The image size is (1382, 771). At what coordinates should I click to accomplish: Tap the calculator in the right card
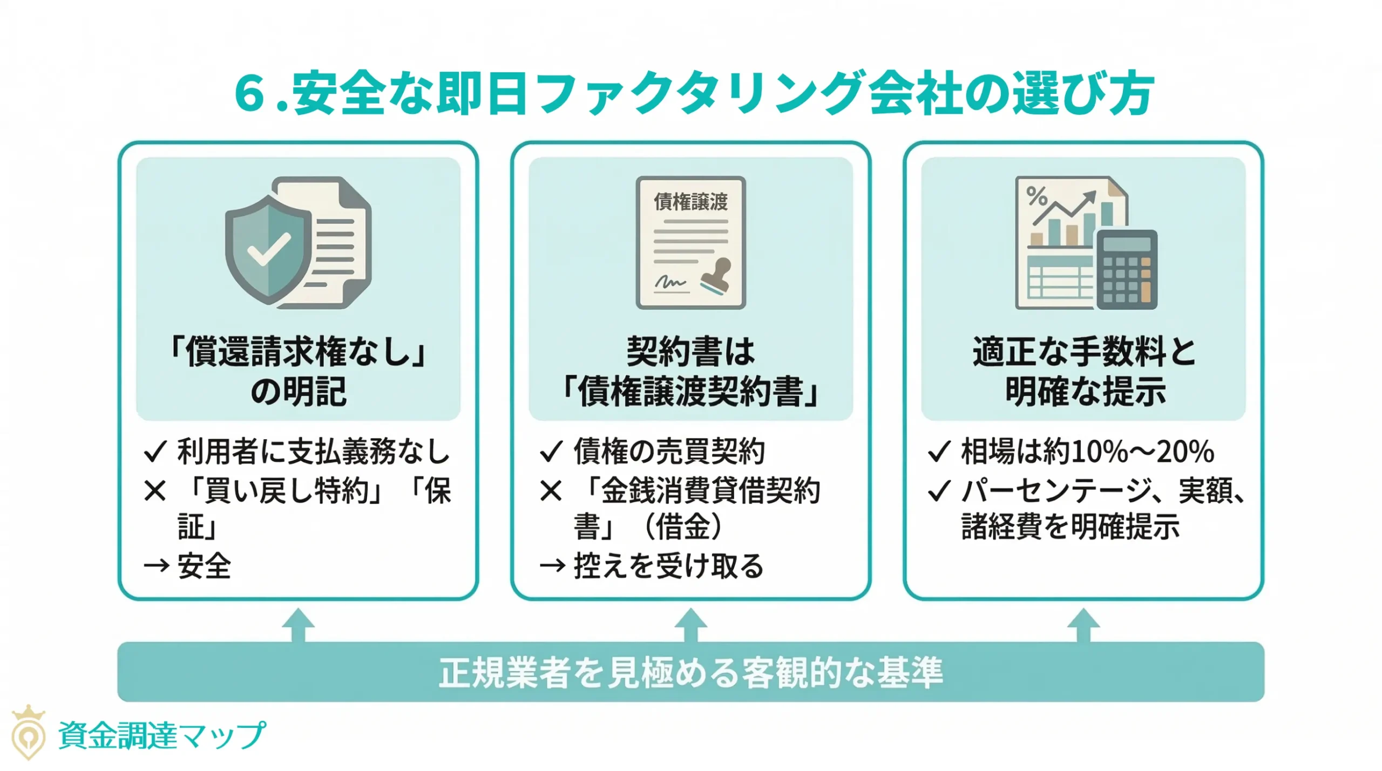tap(1126, 269)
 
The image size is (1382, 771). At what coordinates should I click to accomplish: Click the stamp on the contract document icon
tap(716, 276)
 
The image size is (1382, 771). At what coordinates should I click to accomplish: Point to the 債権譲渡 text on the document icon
tap(690, 202)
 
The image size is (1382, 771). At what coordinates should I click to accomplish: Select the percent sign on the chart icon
tap(1036, 196)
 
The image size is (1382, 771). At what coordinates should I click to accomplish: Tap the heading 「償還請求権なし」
tap(298, 351)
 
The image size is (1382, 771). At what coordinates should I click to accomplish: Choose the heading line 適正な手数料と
tap(1083, 351)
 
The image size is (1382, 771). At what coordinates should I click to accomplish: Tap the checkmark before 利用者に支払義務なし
tap(155, 452)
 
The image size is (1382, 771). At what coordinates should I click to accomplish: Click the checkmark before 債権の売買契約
tap(551, 452)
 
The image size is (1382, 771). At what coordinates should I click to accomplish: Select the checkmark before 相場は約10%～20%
tap(939, 452)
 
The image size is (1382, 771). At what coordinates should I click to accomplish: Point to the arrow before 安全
tap(157, 566)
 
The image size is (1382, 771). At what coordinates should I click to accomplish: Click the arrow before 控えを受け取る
tap(552, 566)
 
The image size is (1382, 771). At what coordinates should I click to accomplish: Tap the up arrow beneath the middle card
tap(690, 624)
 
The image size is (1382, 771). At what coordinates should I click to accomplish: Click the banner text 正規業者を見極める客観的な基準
tap(690, 672)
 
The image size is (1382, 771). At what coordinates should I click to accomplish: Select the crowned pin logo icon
tap(29, 732)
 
